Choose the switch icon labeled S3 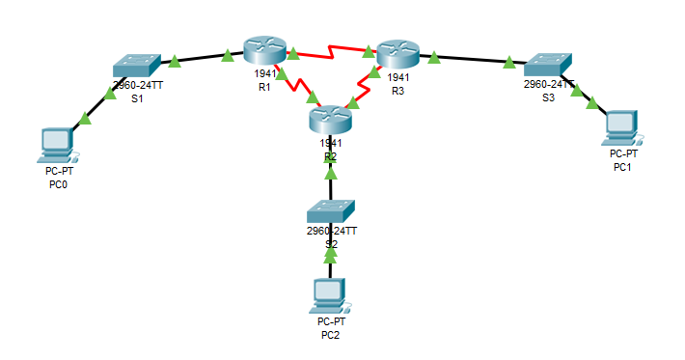pyautogui.click(x=548, y=64)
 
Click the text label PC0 pyautogui.click(x=58, y=183)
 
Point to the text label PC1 pyautogui.click(x=623, y=167)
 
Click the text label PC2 pyautogui.click(x=331, y=335)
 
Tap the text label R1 pyautogui.click(x=264, y=87)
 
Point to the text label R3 pyautogui.click(x=397, y=91)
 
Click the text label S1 pyautogui.click(x=137, y=98)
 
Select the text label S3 pyautogui.click(x=548, y=97)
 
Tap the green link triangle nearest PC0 pyautogui.click(x=85, y=119)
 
